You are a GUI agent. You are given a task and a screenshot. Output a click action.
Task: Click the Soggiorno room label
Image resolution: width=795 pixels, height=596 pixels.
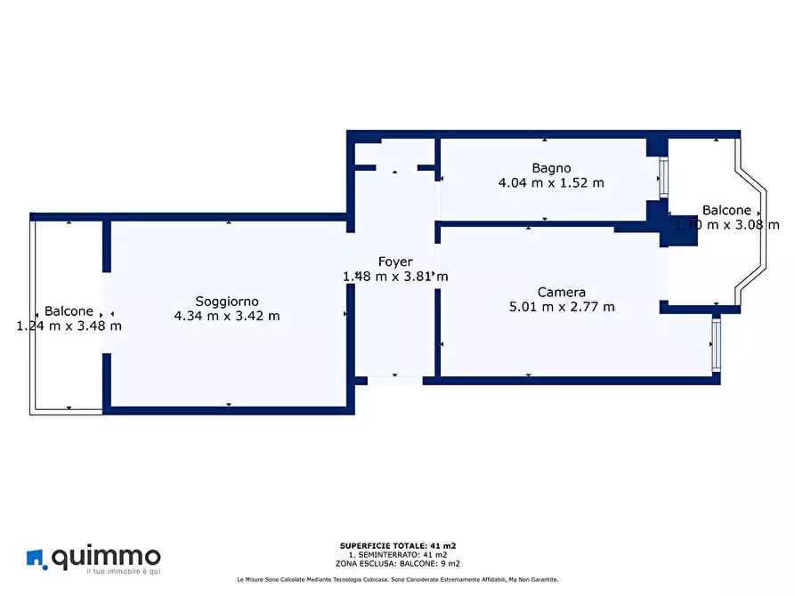227,302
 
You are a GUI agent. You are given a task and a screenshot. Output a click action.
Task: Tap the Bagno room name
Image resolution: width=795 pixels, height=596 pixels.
551,168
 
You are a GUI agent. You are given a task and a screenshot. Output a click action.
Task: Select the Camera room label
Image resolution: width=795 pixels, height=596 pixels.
561,293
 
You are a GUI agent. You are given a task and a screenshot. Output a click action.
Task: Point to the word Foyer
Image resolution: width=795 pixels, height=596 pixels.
395,262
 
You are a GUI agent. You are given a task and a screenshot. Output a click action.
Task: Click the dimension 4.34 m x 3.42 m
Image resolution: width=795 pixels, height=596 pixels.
227,317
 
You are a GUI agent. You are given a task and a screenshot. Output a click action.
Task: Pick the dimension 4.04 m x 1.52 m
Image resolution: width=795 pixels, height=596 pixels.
551,183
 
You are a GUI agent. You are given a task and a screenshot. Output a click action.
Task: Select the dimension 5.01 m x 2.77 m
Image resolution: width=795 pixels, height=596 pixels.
562,307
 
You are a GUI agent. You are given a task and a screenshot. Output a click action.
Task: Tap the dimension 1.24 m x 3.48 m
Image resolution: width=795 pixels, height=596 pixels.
69,326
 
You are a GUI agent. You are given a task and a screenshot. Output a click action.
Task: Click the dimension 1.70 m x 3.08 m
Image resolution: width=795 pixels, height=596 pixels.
726,225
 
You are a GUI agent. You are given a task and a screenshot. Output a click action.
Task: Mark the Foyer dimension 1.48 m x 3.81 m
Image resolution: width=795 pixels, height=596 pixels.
395,277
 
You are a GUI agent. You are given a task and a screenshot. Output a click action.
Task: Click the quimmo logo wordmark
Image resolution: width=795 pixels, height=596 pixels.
106,557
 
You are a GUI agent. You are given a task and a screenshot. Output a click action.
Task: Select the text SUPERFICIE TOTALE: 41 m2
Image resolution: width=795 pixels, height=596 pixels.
397,546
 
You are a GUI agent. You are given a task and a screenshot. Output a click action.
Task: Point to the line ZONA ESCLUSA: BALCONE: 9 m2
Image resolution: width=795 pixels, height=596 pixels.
397,564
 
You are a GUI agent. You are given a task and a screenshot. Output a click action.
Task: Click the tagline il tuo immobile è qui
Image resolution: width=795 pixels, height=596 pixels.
124,572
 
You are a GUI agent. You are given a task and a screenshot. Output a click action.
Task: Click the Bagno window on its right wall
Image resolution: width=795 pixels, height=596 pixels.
663,177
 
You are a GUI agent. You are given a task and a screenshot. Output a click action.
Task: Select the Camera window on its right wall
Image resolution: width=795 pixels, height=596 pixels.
716,343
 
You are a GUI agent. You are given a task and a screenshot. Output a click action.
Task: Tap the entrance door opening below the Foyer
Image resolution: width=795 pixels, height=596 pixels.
395,381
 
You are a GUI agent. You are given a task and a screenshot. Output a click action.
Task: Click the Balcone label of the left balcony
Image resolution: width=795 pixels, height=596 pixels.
69,311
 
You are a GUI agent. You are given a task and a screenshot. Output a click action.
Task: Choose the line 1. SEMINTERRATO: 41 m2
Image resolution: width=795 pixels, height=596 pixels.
397,555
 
